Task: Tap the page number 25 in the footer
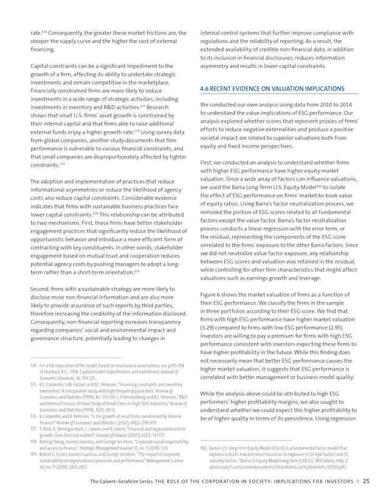tap(367, 482)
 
